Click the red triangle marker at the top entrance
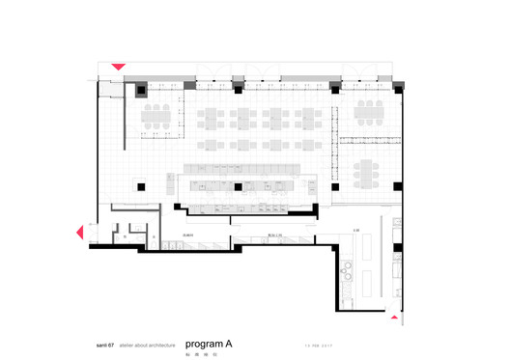(118, 67)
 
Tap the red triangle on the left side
(80, 232)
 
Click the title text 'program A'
(208, 343)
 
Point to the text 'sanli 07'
(99, 344)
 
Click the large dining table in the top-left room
(156, 118)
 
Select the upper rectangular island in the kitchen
(366, 249)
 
